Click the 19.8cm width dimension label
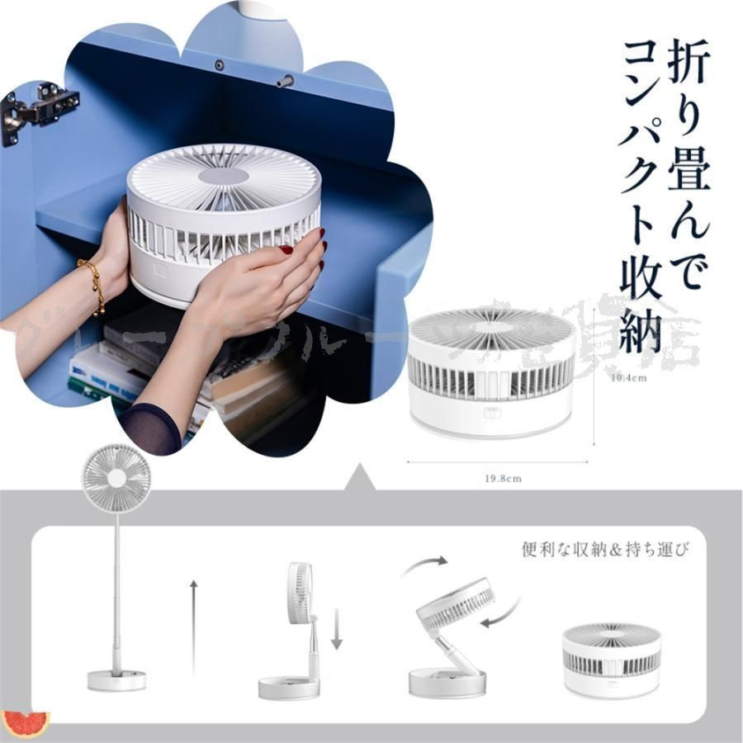[503, 478]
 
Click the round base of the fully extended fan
[116, 679]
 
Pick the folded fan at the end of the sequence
[612, 659]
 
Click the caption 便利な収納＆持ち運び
[605, 549]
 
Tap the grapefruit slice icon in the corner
[25, 723]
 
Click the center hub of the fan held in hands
[224, 176]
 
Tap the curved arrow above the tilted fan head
[426, 566]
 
